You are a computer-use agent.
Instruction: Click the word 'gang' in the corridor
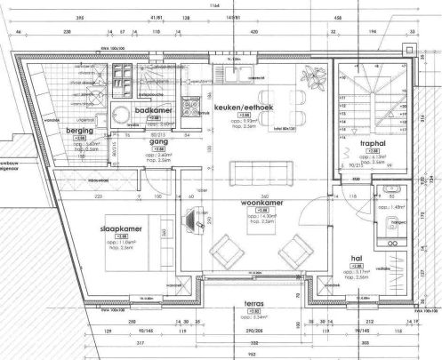[x=158, y=141]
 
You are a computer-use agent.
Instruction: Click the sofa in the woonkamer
[x=254, y=170]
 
